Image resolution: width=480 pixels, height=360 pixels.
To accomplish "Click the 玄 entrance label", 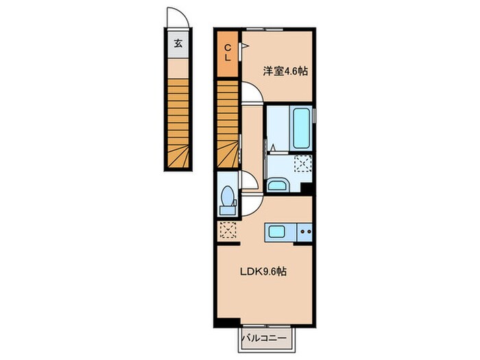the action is pos(178,43).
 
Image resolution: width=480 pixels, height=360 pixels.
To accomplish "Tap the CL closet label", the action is pos(228,53).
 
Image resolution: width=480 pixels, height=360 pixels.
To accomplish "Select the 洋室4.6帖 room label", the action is pos(285,71).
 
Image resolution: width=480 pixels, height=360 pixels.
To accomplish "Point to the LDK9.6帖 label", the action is pos(263,272).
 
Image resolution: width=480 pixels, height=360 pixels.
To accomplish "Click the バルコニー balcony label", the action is pos(264,338).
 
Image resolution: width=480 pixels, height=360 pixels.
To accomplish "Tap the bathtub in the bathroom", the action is pos(301,128).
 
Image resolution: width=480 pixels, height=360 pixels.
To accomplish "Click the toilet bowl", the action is pos(228,196).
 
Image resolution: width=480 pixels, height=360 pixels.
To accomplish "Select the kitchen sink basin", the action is pos(277,231).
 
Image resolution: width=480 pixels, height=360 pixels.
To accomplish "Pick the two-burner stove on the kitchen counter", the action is pos(305,232).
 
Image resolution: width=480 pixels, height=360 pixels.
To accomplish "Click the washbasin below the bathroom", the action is pos(277,186).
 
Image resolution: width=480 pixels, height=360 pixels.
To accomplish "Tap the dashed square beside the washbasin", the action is pos(302,163).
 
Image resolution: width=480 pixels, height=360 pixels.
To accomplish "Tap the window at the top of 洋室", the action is pos(265,29).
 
